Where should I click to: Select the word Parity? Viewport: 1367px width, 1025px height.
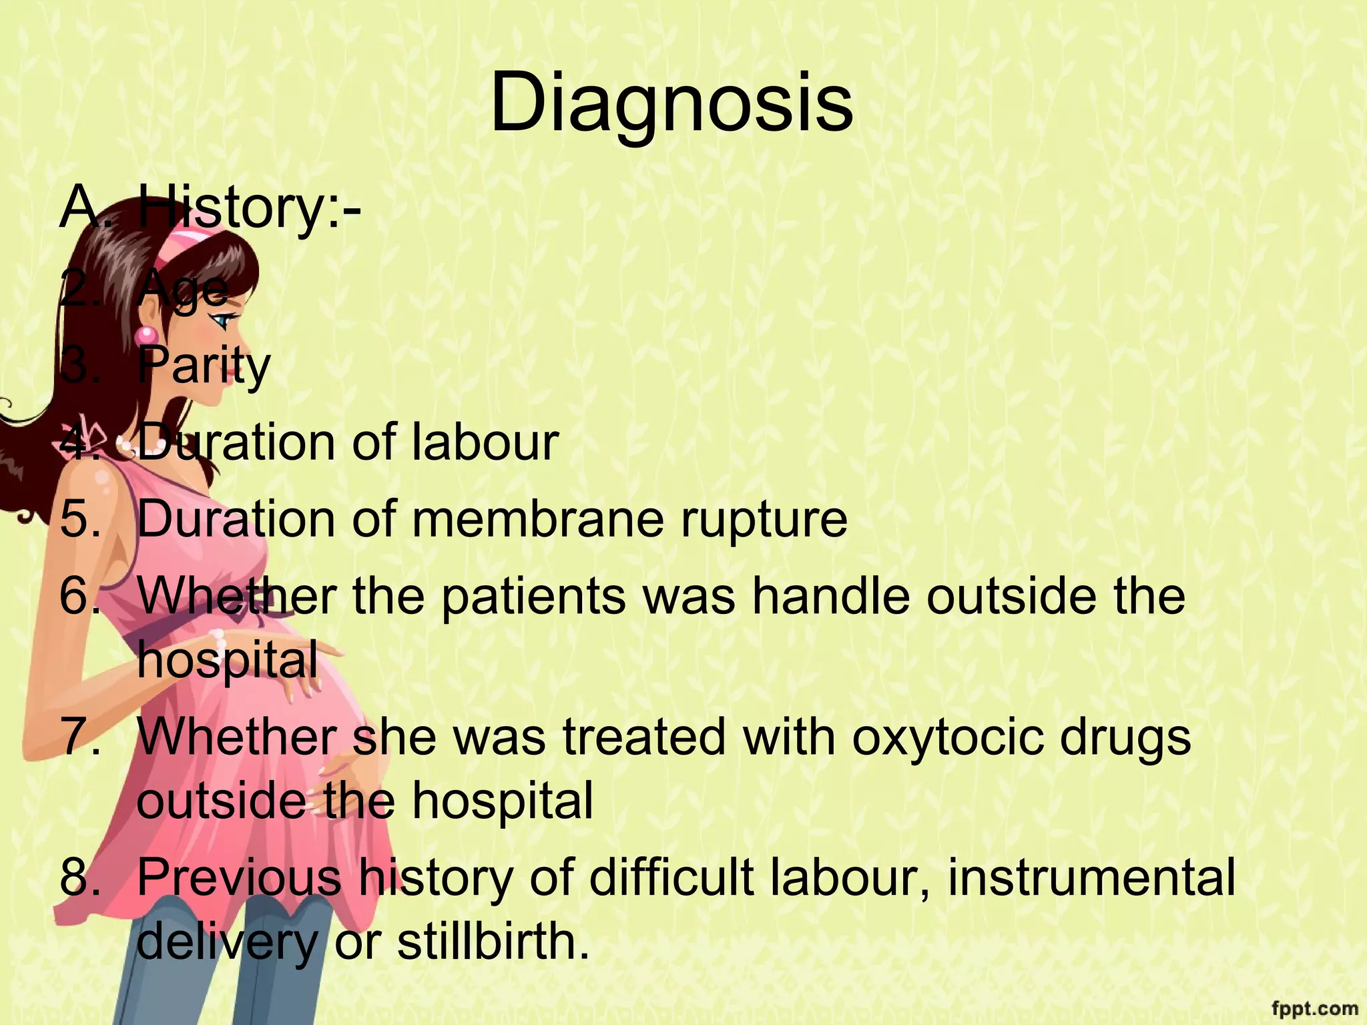(x=204, y=365)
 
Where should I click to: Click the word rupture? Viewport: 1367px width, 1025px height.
(x=764, y=521)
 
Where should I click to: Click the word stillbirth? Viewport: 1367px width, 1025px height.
(x=494, y=942)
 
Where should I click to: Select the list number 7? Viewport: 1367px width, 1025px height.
(x=79, y=737)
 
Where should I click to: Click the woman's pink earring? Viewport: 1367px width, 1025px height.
(x=148, y=334)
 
